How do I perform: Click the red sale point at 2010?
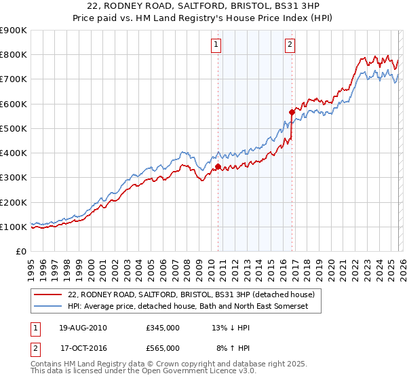coord(218,166)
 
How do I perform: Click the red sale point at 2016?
coord(292,112)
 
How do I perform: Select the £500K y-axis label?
coord(14,128)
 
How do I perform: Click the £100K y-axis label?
coord(14,227)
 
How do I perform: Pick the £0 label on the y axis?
coord(21,252)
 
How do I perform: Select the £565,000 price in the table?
coord(163,347)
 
